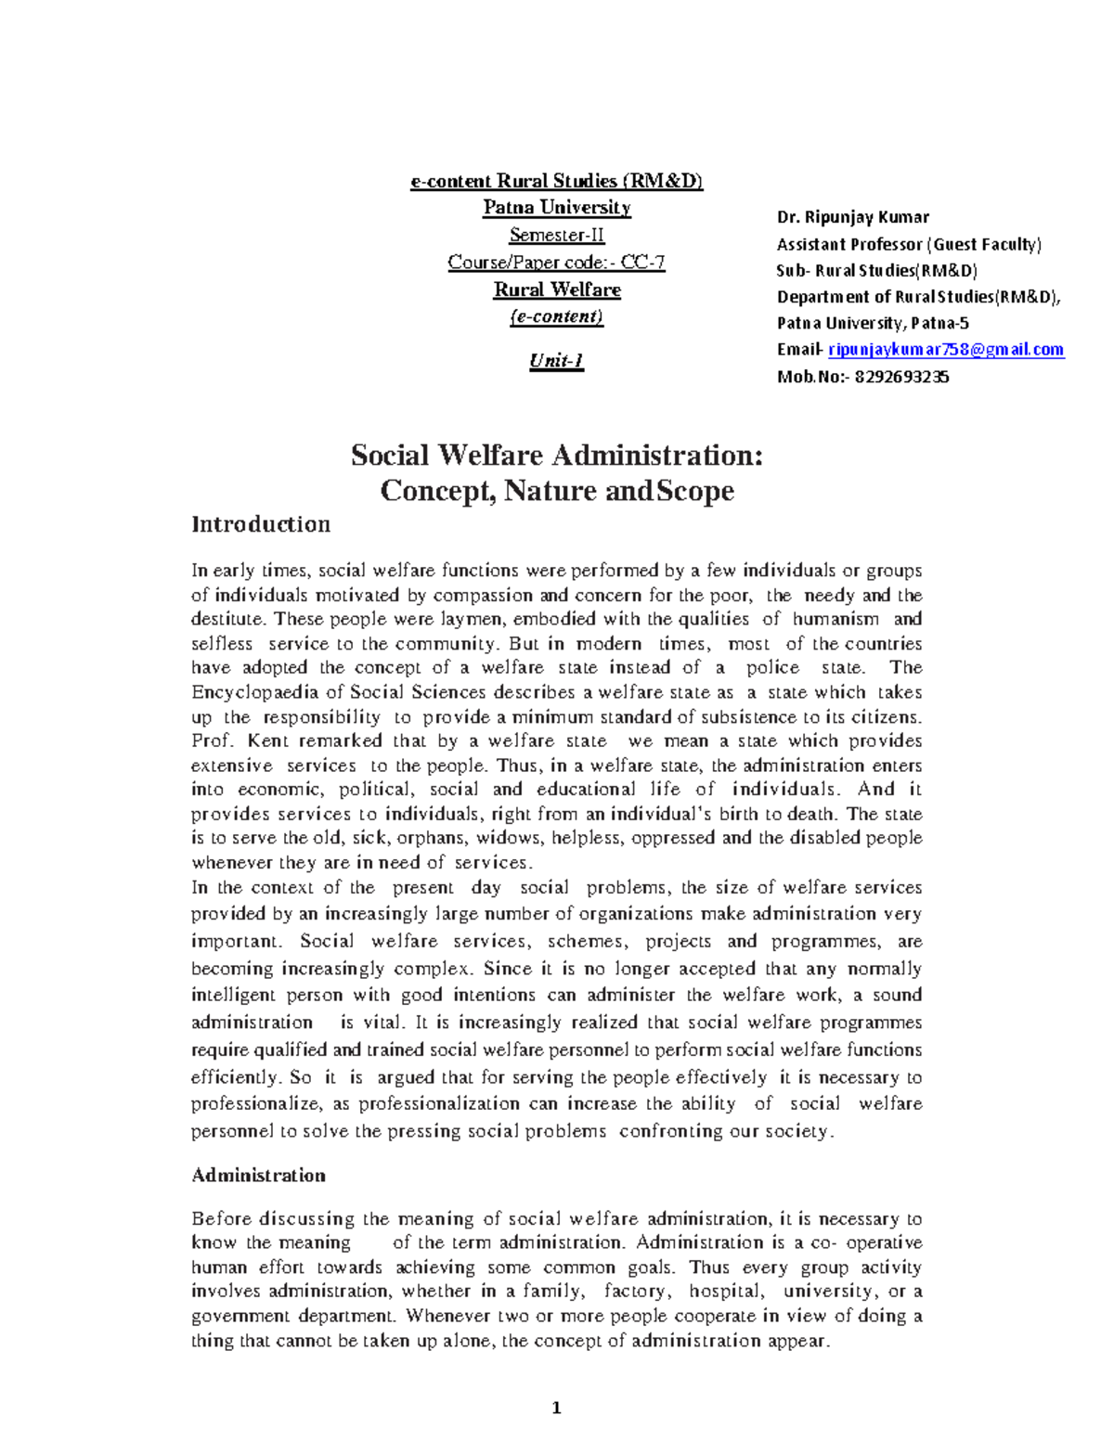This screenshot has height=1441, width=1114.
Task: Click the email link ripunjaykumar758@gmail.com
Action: click(945, 350)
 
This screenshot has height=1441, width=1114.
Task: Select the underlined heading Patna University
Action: click(557, 208)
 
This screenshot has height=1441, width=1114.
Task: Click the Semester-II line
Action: click(557, 235)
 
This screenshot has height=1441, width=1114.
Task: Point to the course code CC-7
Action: click(642, 263)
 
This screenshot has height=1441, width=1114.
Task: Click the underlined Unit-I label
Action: click(557, 361)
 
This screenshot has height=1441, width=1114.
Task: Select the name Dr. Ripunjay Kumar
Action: click(852, 217)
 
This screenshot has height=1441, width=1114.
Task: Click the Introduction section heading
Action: click(261, 524)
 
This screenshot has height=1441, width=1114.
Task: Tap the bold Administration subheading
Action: click(258, 1176)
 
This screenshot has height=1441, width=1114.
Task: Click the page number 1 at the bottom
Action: click(556, 1409)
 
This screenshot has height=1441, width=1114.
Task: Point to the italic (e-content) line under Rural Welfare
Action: click(557, 316)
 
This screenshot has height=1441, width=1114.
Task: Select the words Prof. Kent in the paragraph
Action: click(240, 740)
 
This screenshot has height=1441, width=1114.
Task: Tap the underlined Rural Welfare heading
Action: click(557, 289)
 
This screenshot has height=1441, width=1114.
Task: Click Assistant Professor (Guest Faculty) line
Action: click(909, 244)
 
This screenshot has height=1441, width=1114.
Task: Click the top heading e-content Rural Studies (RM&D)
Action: click(557, 181)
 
